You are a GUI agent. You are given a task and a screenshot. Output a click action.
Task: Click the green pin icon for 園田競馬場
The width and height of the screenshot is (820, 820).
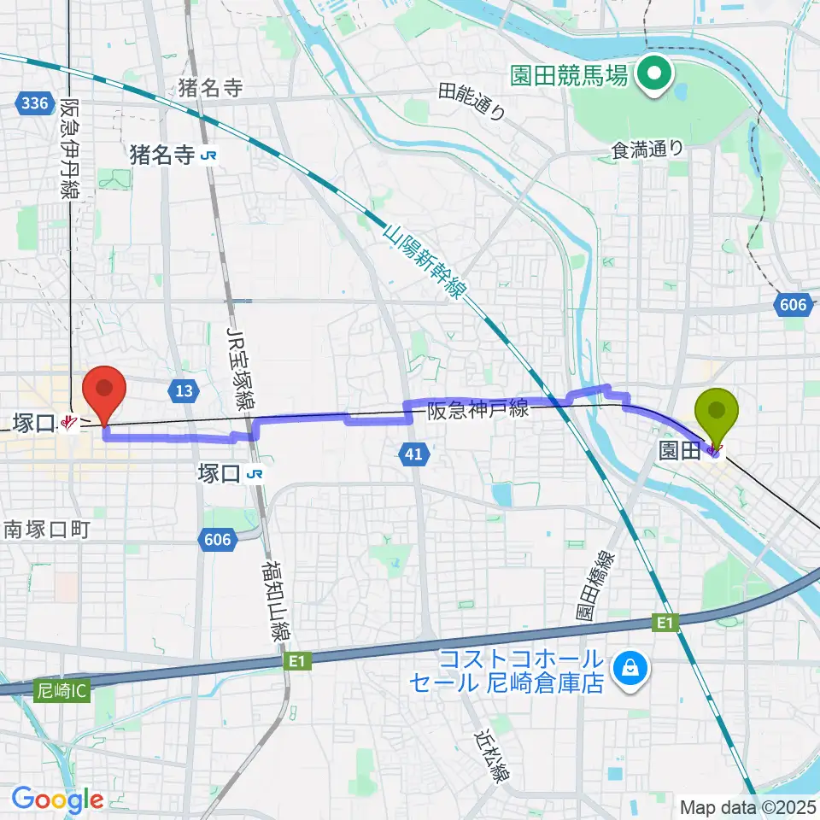655,75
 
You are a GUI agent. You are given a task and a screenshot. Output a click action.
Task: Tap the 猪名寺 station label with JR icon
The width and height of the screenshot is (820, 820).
172,155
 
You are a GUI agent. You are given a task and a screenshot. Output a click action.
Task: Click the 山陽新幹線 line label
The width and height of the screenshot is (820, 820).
423,262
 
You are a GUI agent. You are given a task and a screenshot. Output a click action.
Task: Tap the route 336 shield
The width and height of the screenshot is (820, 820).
32,103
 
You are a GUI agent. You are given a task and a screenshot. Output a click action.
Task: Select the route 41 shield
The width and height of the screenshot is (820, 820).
412,458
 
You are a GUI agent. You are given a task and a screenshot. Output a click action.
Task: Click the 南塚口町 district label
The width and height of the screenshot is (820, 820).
46,530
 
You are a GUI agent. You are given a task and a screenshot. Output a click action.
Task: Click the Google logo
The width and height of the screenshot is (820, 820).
57,799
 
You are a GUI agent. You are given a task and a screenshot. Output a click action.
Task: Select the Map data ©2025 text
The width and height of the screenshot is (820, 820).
748,805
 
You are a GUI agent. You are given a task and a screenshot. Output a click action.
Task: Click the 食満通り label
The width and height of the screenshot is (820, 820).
647,149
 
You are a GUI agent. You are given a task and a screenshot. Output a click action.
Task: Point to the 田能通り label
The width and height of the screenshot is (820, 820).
472,99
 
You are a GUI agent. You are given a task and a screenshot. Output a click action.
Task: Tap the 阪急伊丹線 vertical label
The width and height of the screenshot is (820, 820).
70,149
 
